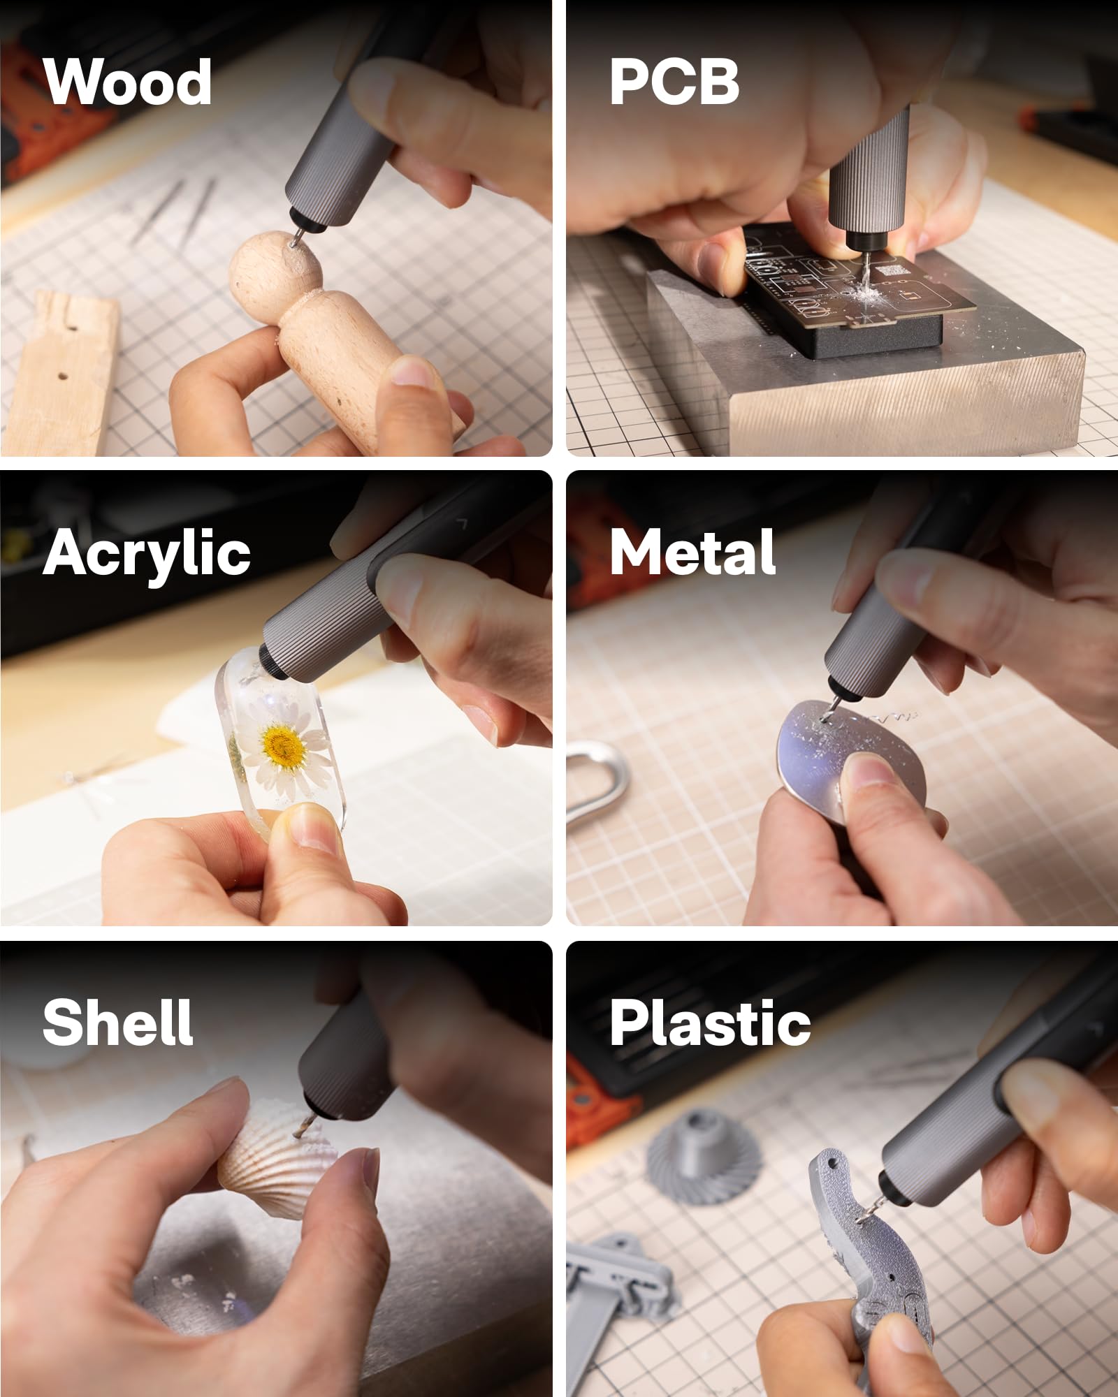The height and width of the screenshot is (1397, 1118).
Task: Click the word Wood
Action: [x=127, y=82]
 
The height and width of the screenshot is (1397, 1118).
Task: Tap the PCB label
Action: [x=674, y=82]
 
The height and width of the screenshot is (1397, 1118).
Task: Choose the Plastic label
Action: [x=710, y=1023]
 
